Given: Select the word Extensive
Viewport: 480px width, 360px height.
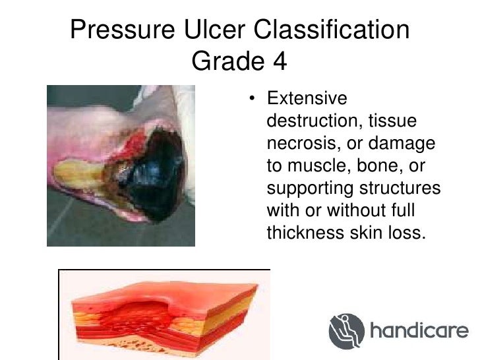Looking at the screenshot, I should (306, 100).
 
